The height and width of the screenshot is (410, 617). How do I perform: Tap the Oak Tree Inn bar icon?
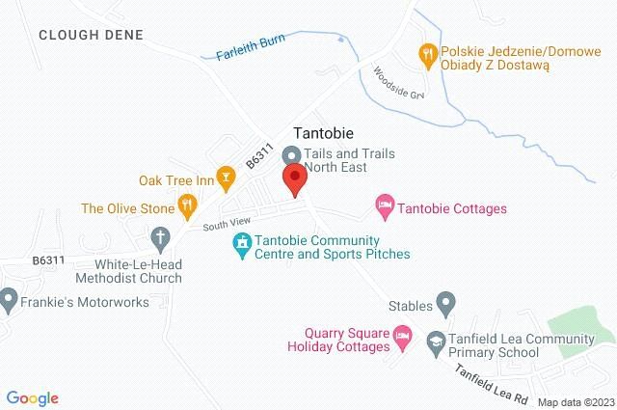(x=227, y=176)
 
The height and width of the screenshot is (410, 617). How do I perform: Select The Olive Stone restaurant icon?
(x=188, y=206)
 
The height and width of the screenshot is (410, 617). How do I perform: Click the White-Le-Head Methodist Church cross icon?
(x=160, y=236)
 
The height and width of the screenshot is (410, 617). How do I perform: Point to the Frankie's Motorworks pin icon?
(x=7, y=301)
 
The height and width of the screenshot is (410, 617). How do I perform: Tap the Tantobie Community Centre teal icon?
(x=242, y=246)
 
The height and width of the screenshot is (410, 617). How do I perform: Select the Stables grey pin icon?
(x=445, y=305)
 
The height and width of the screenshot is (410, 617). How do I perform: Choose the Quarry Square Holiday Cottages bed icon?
(x=404, y=339)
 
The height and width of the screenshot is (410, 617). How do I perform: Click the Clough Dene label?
(x=91, y=36)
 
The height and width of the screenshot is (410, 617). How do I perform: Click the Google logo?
(x=32, y=397)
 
